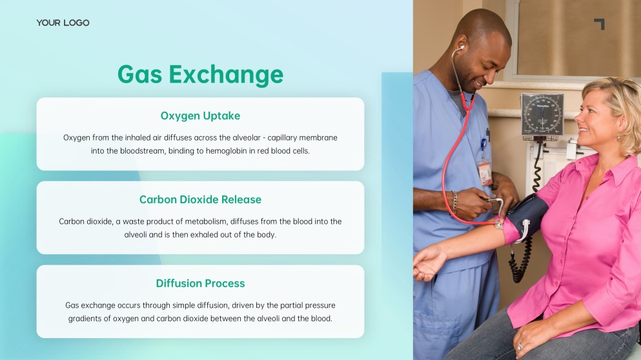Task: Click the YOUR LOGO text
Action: tap(63, 23)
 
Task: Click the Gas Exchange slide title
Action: tap(200, 74)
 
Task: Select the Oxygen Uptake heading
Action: tap(200, 115)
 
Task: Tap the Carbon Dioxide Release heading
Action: tap(200, 199)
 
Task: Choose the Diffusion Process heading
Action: tap(200, 283)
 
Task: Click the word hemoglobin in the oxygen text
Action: tap(227, 151)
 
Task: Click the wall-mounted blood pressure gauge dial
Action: tap(542, 115)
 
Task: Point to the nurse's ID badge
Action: tap(485, 172)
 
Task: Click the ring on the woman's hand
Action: tap(520, 346)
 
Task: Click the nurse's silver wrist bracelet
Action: tap(454, 202)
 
